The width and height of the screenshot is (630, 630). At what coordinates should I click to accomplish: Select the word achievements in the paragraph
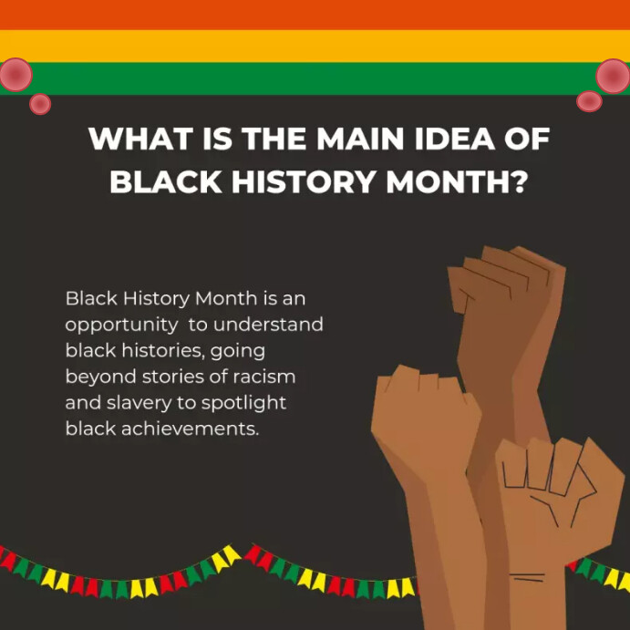[x=185, y=428]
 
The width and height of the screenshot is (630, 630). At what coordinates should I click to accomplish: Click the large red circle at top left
[x=15, y=75]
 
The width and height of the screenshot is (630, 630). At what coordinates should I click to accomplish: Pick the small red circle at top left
[x=40, y=104]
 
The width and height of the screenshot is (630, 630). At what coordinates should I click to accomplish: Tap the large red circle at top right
[x=614, y=76]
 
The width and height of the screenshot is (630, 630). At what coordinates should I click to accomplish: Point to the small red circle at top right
[x=589, y=100]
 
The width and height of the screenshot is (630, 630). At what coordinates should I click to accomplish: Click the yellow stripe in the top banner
[x=315, y=46]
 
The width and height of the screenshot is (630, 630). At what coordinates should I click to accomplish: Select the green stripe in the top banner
[x=315, y=78]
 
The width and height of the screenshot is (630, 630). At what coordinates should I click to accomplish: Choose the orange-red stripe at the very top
[x=315, y=15]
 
